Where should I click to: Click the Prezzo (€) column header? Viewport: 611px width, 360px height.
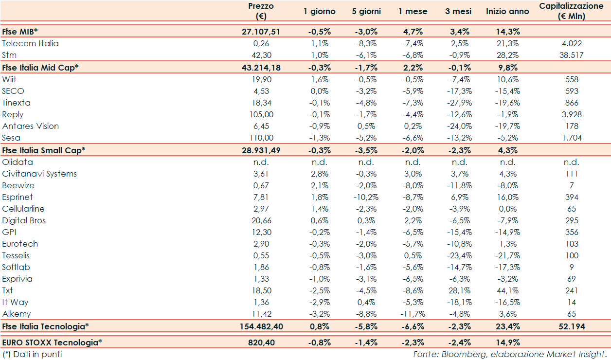261,11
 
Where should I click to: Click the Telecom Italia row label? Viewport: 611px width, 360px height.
30,43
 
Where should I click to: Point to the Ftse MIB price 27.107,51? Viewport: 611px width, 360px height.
261,32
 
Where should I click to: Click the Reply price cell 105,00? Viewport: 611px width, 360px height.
261,114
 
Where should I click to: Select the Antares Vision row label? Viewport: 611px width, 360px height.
30,126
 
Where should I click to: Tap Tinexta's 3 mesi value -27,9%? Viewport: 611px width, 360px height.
459,103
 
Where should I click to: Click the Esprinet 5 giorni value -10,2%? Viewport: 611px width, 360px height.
366,197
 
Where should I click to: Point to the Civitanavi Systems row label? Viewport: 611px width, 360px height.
39,174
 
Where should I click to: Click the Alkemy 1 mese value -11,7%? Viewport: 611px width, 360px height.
413,314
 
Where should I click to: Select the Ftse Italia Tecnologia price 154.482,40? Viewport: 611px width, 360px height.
261,326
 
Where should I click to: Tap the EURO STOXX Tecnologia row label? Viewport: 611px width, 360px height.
52,342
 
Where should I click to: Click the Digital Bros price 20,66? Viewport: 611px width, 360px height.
261,220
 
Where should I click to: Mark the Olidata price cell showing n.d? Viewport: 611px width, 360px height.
261,162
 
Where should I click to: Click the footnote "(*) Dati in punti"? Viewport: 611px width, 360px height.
32,354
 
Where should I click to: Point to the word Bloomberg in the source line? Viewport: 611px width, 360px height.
459,354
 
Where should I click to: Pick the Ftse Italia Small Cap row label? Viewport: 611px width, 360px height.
44,150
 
